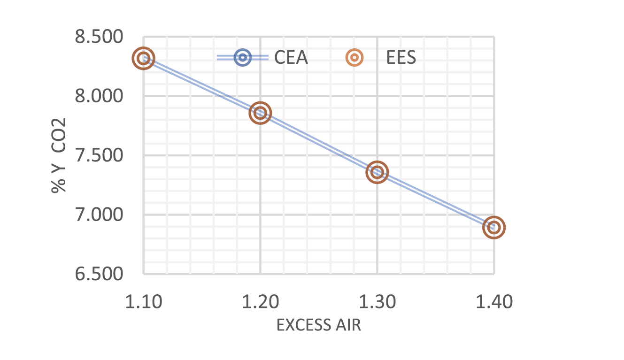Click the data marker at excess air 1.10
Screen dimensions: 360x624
144,58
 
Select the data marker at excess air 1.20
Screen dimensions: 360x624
260,113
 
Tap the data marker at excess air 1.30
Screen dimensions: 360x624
377,172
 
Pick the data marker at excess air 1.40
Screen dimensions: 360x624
493,228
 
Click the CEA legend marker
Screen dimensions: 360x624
242,58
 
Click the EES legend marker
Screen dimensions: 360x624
355,58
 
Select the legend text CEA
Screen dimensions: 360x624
291,58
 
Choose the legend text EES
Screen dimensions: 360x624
401,58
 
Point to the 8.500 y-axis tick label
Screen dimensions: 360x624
99,37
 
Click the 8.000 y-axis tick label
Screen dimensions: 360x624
99,96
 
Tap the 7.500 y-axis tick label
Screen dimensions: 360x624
99,155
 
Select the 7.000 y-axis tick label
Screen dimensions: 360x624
99,214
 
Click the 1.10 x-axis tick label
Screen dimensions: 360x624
144,302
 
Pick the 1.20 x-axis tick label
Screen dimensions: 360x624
260,302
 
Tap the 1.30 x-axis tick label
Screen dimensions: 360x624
377,302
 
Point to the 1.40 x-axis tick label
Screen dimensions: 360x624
493,302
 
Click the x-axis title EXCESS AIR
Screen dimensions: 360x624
319,325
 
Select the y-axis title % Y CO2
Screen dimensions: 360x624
59,155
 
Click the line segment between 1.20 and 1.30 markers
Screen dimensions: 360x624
319,143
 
